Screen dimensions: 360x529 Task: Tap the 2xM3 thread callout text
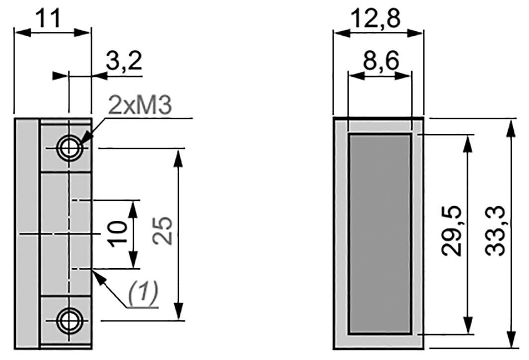[x=140, y=106]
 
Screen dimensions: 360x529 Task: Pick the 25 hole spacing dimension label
[x=163, y=230]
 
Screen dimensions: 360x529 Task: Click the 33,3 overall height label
[x=495, y=231]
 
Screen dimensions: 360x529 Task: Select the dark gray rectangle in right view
[x=380, y=234]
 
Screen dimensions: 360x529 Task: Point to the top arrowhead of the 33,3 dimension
[x=511, y=126]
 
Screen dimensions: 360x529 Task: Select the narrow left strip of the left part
[x=27, y=234]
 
